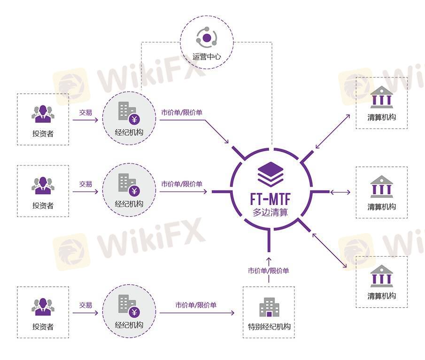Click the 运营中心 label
coord(207,57)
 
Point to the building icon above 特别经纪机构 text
coord(269,307)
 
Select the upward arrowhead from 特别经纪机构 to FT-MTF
coord(269,259)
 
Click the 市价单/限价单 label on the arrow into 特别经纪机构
coord(196,305)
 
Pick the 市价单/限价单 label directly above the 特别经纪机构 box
coord(269,271)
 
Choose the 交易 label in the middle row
coord(85,184)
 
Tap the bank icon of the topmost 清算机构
coord(382,97)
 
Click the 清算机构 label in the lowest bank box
coord(382,296)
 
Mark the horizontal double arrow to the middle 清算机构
coord(340,192)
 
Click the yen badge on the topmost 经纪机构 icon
coord(135,119)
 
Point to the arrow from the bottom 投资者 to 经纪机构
coord(85,313)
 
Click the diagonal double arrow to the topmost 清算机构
coord(333,130)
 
